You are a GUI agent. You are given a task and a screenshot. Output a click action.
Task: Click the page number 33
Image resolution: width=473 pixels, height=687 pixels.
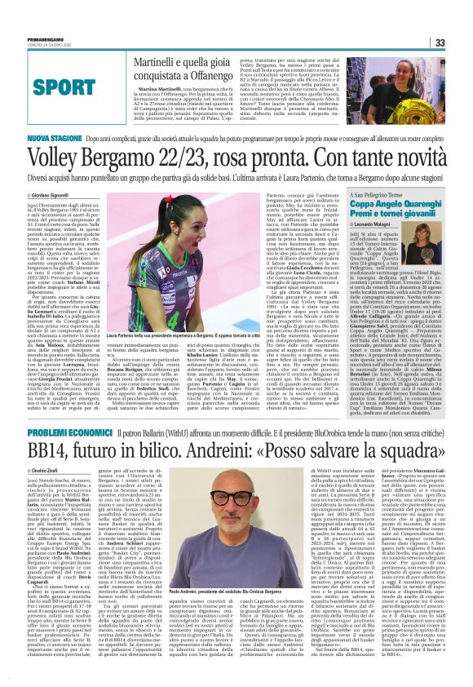461,42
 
